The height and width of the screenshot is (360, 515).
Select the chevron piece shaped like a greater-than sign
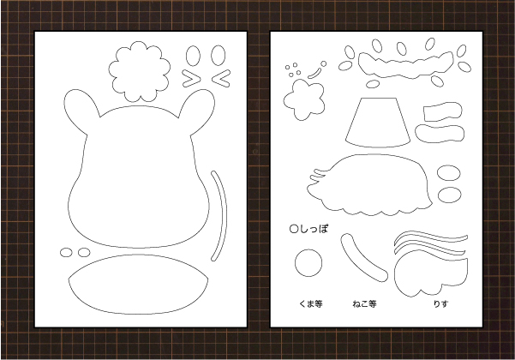point(191,79)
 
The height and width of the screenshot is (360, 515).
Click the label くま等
point(311,303)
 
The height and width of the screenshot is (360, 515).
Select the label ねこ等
point(364,303)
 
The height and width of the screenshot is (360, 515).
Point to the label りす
point(440,303)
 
